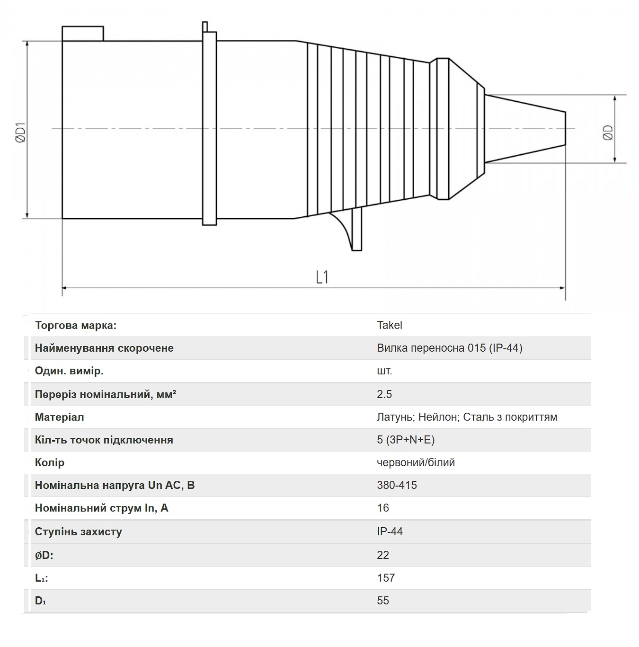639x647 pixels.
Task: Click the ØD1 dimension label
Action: coord(20,133)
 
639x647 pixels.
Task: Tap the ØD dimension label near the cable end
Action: coord(608,133)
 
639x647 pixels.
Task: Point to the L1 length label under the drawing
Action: coord(322,277)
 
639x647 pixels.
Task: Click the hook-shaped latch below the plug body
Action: coord(349,230)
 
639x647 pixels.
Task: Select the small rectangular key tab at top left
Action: coord(83,34)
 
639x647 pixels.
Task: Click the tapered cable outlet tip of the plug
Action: coord(525,129)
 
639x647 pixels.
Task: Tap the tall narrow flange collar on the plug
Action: coord(210,128)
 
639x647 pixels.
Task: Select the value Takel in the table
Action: coord(389,325)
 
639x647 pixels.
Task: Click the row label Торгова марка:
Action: coord(76,325)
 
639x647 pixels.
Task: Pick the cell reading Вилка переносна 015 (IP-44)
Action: coord(450,348)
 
